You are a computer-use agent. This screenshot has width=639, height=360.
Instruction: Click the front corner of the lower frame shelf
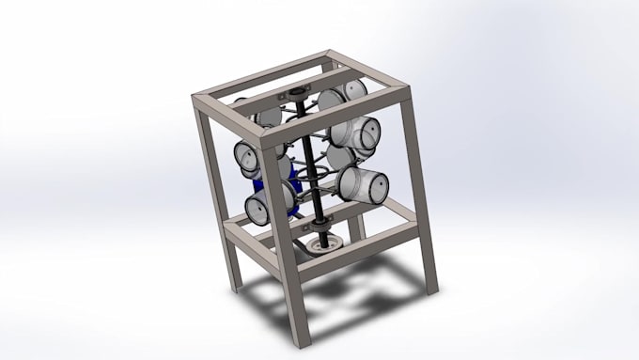coord(287,246)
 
